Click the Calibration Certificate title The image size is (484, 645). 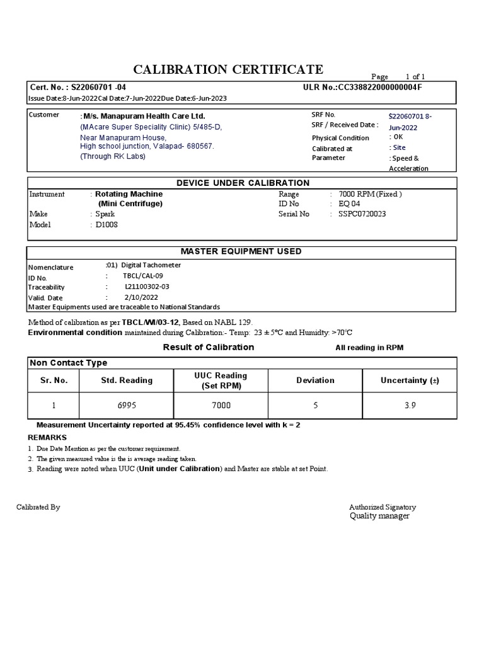pos(228,69)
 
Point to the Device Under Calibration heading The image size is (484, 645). pos(243,183)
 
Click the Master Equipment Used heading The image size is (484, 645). pos(241,251)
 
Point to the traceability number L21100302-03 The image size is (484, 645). pos(147,287)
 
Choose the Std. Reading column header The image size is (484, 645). pos(127,380)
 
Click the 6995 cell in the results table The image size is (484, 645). pos(127,406)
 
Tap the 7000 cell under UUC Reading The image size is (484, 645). pos(221,406)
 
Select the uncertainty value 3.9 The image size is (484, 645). pos(410,406)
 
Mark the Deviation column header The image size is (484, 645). pos(315,380)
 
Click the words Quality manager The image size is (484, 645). pos(379,516)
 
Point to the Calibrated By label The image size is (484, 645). pos(38,507)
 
